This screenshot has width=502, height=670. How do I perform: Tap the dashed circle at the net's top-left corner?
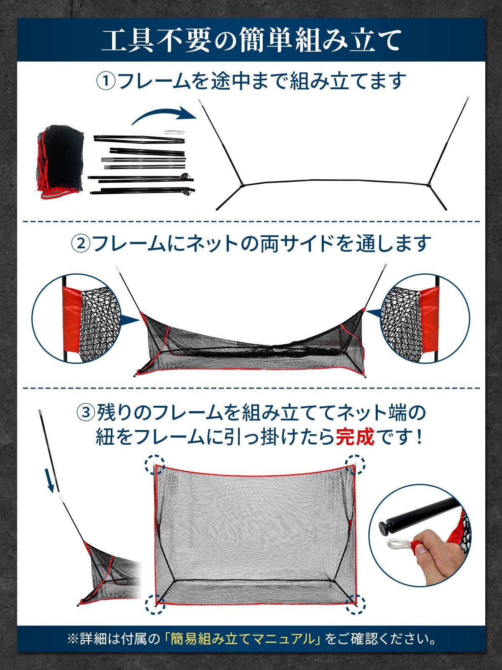[x=154, y=465]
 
